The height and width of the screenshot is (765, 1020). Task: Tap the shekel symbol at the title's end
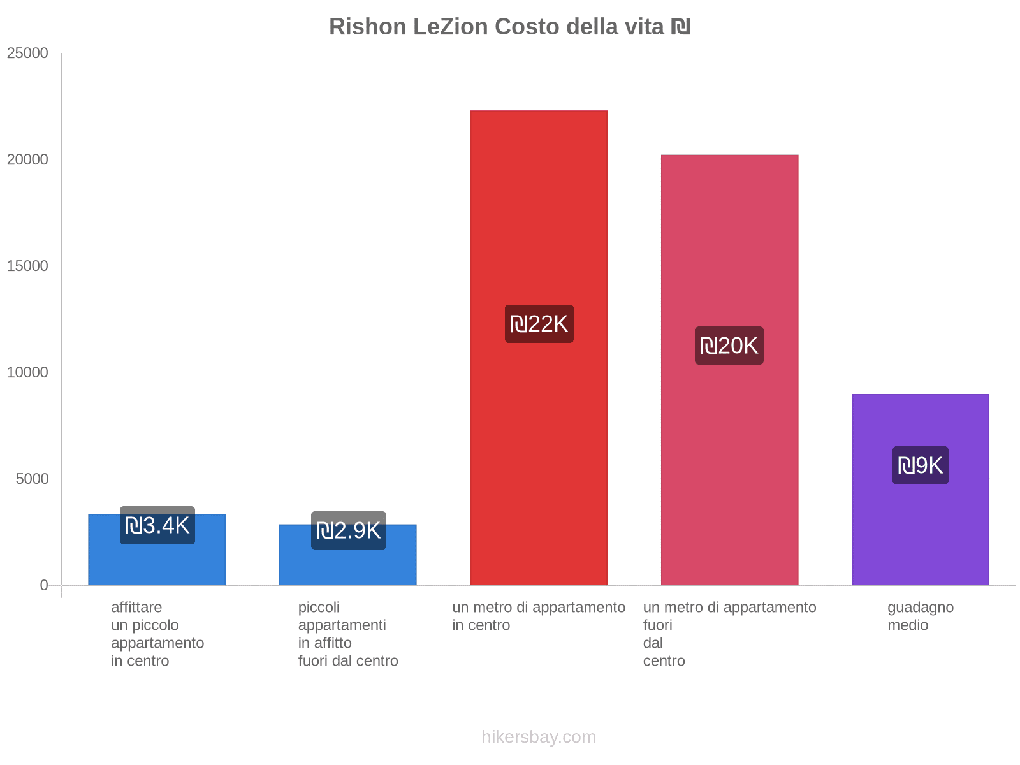coord(681,27)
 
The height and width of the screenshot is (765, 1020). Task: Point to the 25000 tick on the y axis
coord(27,54)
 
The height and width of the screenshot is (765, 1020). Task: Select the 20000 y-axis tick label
coord(27,160)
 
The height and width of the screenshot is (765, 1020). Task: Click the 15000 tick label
coord(27,266)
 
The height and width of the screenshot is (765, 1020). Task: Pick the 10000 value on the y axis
coord(27,373)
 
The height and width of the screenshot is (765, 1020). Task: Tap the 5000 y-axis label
coord(32,479)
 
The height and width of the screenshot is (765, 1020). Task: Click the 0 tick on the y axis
coord(44,585)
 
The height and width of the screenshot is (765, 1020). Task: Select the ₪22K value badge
coord(539,324)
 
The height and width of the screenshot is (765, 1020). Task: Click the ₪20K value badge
coord(729,346)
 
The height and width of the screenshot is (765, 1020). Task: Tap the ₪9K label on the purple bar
coord(920,465)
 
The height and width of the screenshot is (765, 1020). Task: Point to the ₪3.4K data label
coord(157,525)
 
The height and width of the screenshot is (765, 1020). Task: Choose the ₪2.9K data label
coord(348,530)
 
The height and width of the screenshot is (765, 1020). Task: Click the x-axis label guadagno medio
coord(920,616)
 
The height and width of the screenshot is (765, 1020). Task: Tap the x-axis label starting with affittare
coord(157,634)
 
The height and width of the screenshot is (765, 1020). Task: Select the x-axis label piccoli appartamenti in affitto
coord(348,634)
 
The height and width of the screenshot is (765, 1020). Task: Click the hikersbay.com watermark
coord(539,737)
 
